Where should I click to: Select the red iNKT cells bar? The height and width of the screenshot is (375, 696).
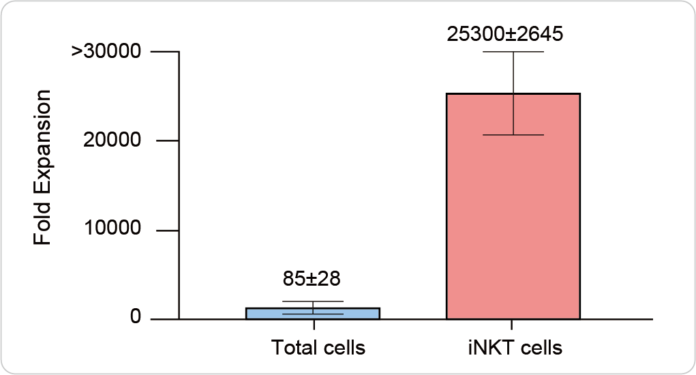[513, 205]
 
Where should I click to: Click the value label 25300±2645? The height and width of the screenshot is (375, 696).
[504, 34]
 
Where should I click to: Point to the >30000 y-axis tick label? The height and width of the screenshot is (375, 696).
[105, 52]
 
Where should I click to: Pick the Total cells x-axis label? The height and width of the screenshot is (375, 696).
[318, 348]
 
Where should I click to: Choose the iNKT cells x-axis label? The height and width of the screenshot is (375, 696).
[511, 348]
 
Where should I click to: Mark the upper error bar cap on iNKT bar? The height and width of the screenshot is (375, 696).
[513, 52]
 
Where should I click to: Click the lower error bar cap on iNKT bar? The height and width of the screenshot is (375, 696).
[513, 135]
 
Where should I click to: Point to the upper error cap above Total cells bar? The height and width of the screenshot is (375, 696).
[313, 301]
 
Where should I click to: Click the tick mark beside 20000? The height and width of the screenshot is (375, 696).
[167, 141]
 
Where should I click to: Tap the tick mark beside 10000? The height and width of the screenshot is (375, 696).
[167, 230]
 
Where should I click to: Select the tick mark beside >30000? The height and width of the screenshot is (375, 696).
[167, 52]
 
